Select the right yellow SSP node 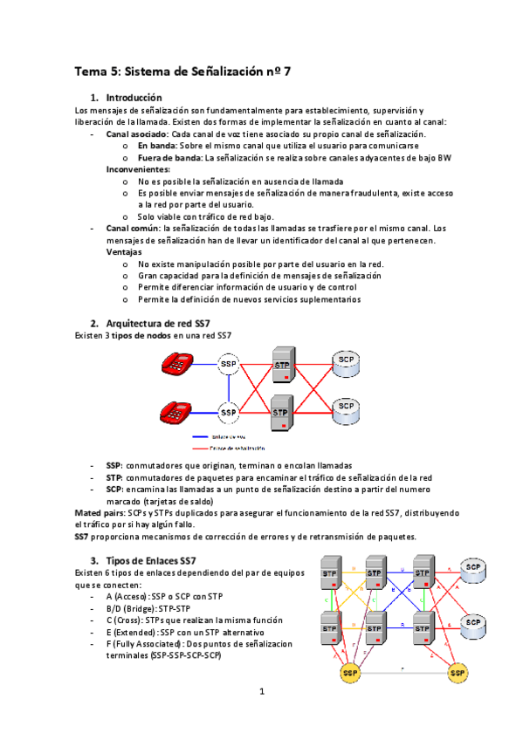(x=457, y=674)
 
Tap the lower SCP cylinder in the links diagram (x=473, y=623)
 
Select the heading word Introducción (x=134, y=98)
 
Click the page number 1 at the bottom (x=261, y=692)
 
